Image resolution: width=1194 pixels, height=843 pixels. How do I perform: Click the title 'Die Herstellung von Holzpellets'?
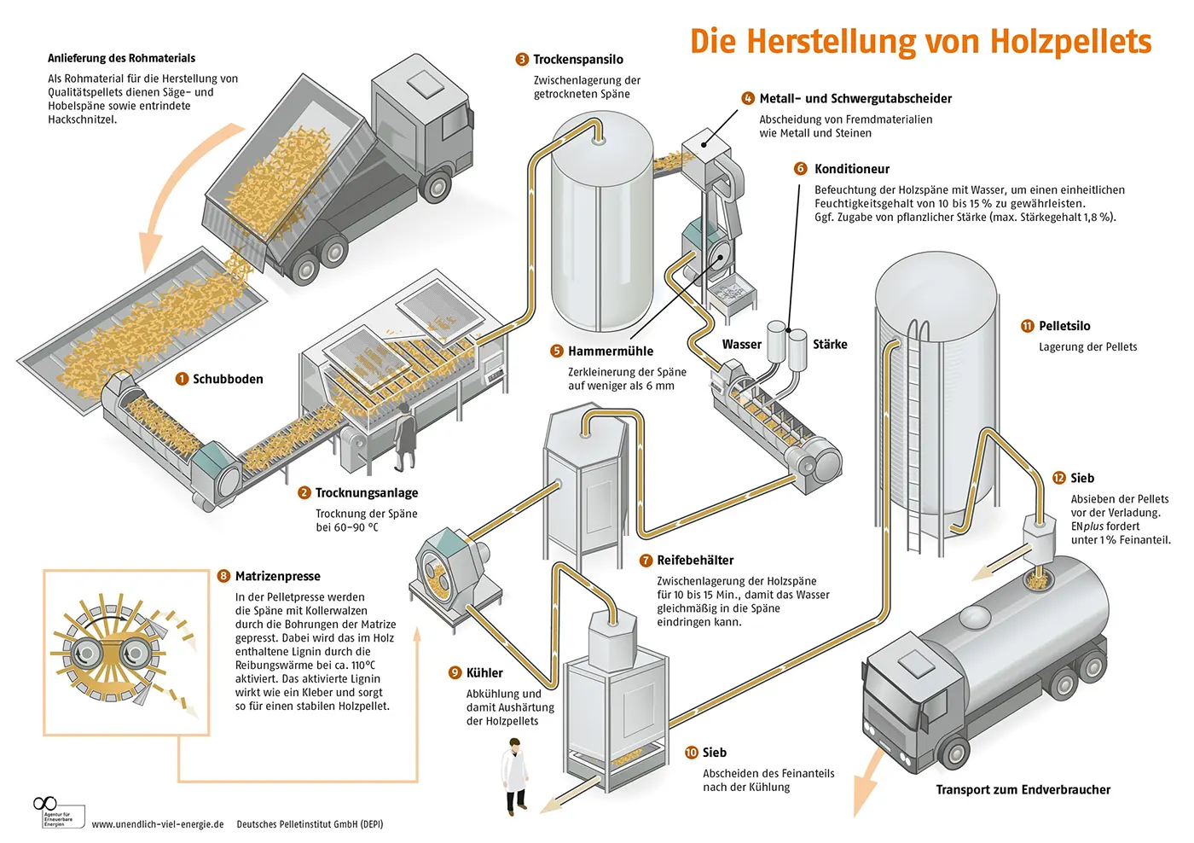pos(920,41)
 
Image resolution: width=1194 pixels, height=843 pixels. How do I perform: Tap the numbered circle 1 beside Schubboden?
pos(182,379)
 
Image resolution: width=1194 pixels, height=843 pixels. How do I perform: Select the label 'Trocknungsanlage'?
pos(366,493)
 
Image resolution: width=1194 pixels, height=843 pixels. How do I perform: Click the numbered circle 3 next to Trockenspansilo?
pos(522,60)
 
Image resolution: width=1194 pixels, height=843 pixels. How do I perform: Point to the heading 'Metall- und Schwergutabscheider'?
pos(855,99)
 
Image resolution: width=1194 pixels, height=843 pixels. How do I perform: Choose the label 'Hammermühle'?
pos(610,352)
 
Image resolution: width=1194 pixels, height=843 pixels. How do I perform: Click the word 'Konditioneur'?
pos(851,169)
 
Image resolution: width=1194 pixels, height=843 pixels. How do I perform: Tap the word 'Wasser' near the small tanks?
pos(741,345)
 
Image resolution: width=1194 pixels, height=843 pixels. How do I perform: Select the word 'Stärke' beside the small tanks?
pos(830,345)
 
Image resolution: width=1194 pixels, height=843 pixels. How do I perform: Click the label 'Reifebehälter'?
pos(694,561)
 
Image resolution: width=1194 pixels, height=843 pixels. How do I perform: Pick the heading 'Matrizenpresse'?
pos(277,577)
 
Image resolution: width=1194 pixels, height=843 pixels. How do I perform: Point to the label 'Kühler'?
pos(484,673)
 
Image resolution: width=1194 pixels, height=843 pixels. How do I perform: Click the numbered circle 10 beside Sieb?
pos(692,753)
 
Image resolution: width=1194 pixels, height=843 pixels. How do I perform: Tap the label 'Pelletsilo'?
pos(1064,326)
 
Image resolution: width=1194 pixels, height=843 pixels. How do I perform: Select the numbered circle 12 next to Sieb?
pos(1059,479)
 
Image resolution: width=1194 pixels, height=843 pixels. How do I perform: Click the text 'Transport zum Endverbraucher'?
pos(1023,790)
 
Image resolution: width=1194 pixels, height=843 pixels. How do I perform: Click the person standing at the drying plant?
pos(404,437)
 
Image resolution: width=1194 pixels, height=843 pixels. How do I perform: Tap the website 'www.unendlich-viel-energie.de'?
pos(158,824)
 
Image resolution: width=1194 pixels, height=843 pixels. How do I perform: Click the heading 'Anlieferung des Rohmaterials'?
pos(121,59)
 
